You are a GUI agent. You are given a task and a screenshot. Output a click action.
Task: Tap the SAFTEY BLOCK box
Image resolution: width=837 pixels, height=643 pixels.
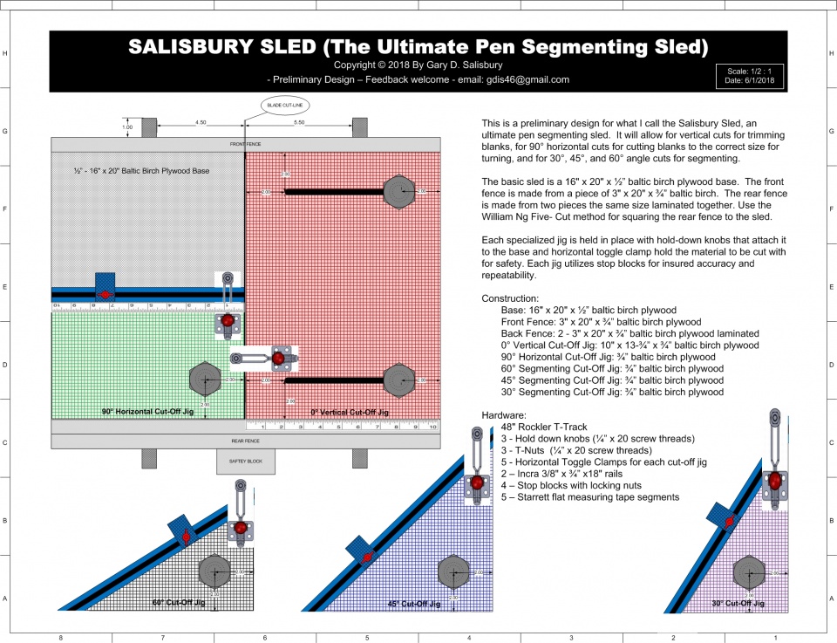245,462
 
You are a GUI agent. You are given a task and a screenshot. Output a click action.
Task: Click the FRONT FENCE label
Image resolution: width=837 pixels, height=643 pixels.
245,144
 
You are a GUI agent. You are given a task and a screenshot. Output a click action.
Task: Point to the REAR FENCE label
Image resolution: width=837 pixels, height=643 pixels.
245,441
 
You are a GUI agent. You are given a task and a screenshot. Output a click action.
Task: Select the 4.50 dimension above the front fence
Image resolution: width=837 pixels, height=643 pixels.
201,122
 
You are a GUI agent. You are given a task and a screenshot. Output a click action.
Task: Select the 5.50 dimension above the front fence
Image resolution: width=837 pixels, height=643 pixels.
298,122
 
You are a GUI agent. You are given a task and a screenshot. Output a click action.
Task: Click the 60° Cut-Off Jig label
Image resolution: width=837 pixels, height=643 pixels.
179,603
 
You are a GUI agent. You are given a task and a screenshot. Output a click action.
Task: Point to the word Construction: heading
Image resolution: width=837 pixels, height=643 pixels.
514,298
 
